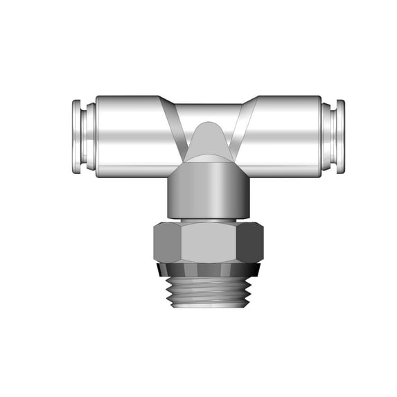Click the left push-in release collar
[x=84, y=135]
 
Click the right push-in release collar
[x=332, y=135]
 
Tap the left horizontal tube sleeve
[x=132, y=135]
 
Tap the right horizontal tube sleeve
[x=284, y=135]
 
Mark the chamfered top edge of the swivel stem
[x=208, y=164]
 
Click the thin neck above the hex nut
[x=208, y=220]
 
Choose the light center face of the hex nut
[x=208, y=242]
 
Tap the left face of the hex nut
[x=167, y=242]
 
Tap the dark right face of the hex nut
[x=250, y=242]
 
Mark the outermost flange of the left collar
[x=76, y=135]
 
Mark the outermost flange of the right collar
[x=340, y=135]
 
